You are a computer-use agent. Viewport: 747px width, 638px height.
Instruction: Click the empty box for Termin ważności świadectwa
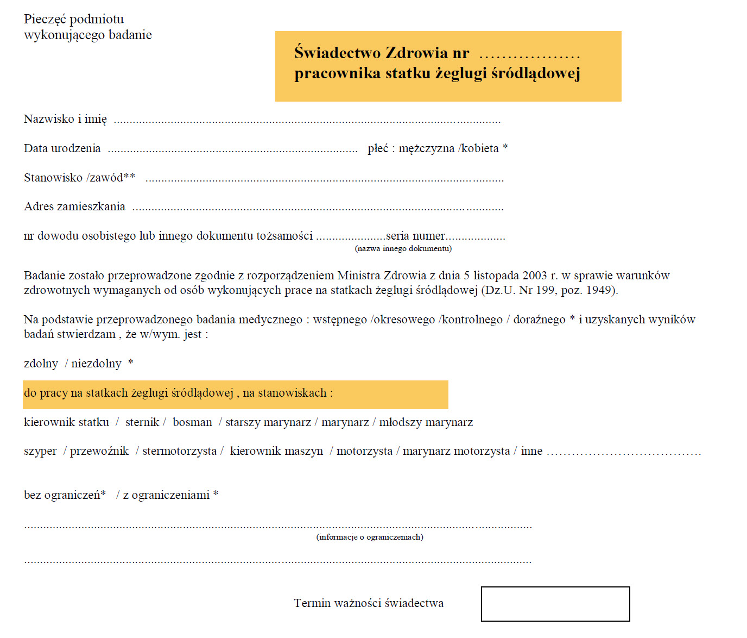coord(555,604)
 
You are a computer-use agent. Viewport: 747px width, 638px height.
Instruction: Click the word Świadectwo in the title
coord(337,53)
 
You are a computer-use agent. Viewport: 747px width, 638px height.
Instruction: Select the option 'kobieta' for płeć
coord(480,148)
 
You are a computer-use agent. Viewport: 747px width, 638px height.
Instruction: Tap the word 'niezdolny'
coord(96,364)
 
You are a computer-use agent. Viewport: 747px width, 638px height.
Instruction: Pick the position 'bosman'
coord(192,422)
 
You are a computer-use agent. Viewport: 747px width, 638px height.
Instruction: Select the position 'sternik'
coord(142,422)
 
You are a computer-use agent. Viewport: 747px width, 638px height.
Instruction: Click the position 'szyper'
coord(40,452)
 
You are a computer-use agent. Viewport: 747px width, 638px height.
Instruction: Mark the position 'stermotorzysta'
coord(179,452)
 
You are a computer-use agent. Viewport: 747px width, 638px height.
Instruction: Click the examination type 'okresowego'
coord(404,320)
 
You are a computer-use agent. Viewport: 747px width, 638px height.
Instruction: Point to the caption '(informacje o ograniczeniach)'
coord(370,537)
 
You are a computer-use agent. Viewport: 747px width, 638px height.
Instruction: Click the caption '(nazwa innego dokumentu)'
coord(403,249)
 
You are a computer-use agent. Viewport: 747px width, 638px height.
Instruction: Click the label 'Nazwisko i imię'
coord(65,119)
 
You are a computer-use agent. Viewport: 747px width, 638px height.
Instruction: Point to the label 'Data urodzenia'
coord(62,148)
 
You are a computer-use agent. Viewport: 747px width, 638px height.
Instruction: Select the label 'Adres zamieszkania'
coord(74,207)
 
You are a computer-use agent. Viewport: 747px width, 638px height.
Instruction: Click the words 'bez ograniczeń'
coord(62,495)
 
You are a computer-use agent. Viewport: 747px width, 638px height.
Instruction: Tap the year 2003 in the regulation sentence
coord(534,276)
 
